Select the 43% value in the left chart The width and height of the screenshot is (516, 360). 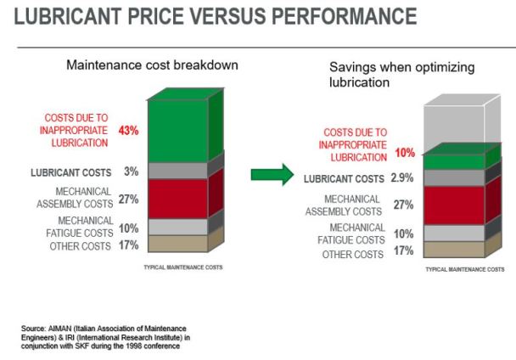[129, 131]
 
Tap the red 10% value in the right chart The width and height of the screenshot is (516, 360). [406, 154]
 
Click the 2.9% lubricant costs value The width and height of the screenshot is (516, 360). [401, 179]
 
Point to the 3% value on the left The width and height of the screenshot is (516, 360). [131, 172]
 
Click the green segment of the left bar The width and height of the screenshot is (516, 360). [177, 131]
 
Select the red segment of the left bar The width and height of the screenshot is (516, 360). [177, 199]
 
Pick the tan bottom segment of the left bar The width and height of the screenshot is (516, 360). [177, 244]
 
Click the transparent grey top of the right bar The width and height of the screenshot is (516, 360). [454, 123]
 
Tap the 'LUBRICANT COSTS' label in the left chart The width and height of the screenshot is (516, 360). [75, 172]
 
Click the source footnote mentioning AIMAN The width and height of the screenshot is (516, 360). [94, 336]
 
